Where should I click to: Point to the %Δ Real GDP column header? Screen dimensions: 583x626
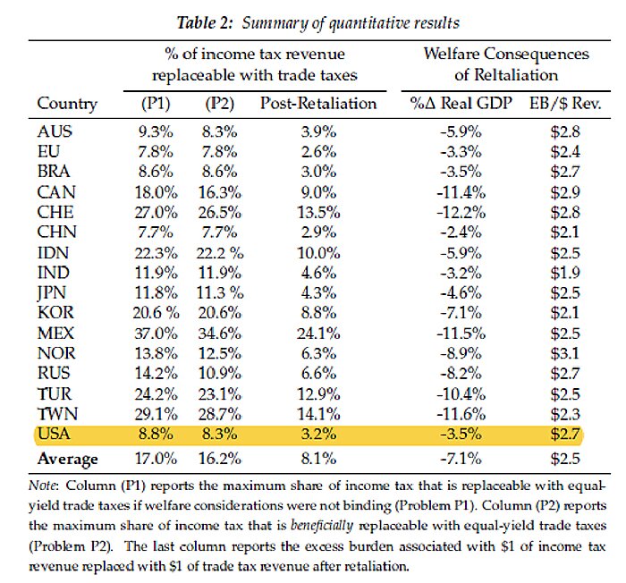tap(461, 103)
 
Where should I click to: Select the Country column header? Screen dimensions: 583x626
tap(67, 103)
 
